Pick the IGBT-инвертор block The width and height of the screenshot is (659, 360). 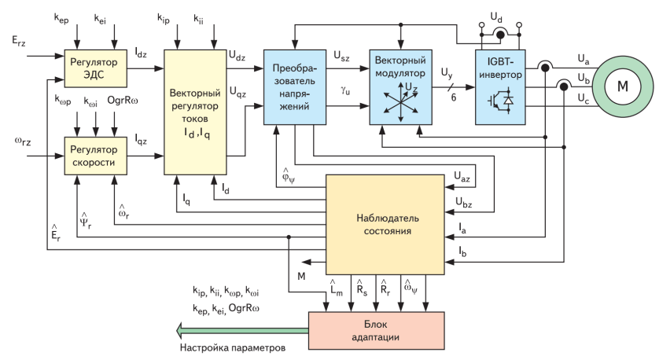(x=500, y=86)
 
